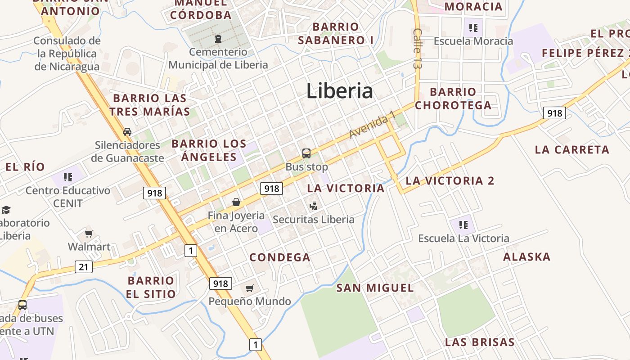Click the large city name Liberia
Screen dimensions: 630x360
point(340,91)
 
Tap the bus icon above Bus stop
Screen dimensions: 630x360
point(306,153)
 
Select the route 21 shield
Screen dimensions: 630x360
point(84,267)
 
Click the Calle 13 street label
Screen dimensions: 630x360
point(418,49)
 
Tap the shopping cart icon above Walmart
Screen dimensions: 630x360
point(89,234)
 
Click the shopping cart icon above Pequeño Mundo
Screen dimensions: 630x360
point(249,288)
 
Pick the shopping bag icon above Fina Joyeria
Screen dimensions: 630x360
point(236,202)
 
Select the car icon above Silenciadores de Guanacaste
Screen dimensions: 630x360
point(127,132)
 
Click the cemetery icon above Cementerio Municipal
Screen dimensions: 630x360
point(218,39)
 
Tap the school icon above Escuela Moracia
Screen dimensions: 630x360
point(473,28)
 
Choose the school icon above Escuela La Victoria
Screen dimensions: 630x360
point(463,225)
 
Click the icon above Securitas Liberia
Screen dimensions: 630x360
point(314,206)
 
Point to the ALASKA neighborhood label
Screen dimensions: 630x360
point(526,257)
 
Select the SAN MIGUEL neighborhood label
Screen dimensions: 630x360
point(375,288)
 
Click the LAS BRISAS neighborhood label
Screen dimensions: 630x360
point(480,342)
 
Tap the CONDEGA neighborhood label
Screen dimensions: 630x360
point(280,257)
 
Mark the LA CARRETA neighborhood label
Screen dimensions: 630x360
point(572,149)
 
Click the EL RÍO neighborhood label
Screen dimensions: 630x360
point(25,167)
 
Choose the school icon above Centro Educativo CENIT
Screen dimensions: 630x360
point(68,177)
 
